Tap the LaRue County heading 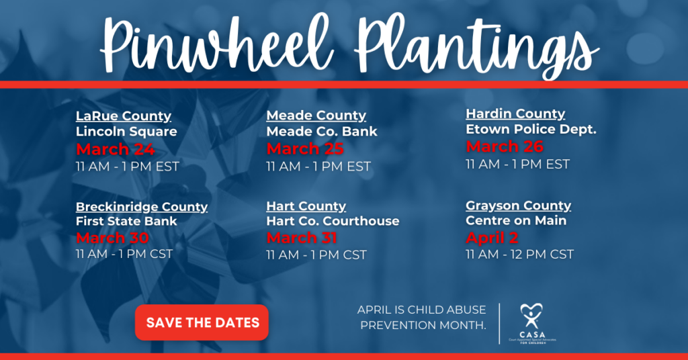(x=124, y=116)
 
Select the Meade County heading (x=316, y=116)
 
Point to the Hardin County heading (x=515, y=114)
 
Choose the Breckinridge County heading (x=142, y=207)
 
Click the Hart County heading (x=306, y=206)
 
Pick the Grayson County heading (x=518, y=206)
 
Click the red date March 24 (x=116, y=150)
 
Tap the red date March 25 (x=305, y=149)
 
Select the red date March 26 (x=505, y=146)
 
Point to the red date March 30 (x=112, y=238)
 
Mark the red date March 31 (x=302, y=238)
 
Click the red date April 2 (x=492, y=238)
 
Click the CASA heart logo (x=531, y=316)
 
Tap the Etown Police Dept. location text (x=531, y=130)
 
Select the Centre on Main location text (x=516, y=220)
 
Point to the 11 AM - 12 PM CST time (x=519, y=255)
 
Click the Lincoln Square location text (x=126, y=132)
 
